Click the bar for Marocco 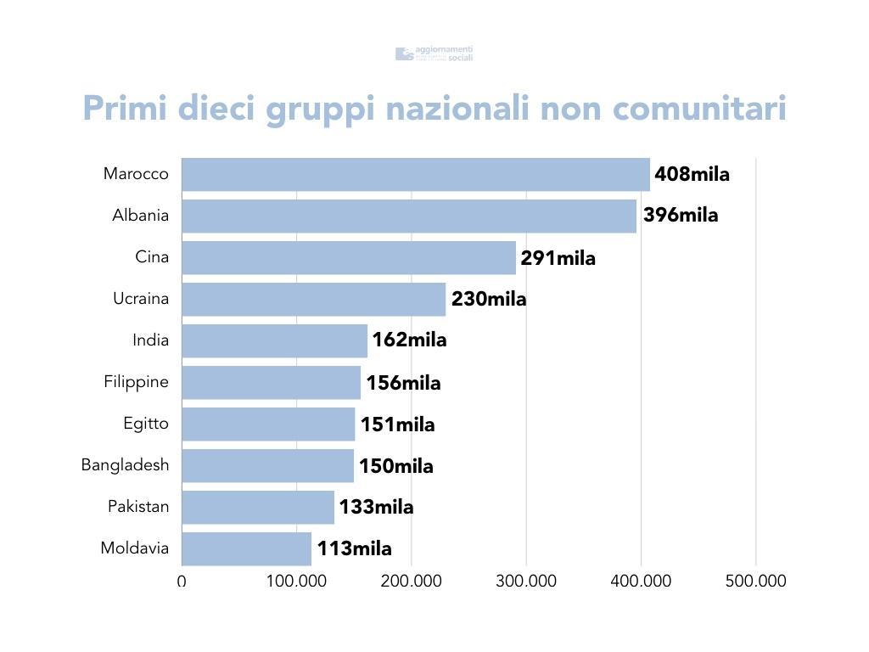pos(416,174)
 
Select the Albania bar pos(409,216)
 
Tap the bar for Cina pos(349,257)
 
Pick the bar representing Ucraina pos(313,299)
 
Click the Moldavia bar pos(246,548)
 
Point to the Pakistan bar pos(258,507)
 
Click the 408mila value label pos(692,175)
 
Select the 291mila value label pos(558,258)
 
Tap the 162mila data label pos(409,340)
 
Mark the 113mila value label pos(355,549)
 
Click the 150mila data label pos(395,466)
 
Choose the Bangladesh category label pos(125,465)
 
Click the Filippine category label pos(136,382)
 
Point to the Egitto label pos(145,424)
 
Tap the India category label pos(150,340)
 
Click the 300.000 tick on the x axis pos(526,582)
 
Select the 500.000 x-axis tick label pos(755,582)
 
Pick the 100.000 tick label pos(296,582)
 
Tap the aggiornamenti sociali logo pos(434,53)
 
